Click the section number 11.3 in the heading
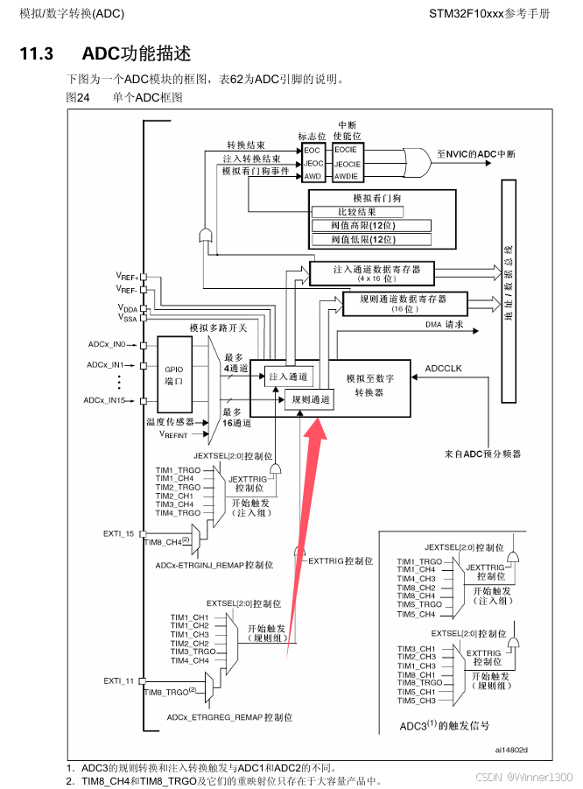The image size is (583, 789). pyautogui.click(x=37, y=53)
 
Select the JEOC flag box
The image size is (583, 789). pyautogui.click(x=313, y=163)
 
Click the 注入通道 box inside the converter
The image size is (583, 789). pyautogui.click(x=288, y=377)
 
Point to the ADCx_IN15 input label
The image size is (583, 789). pyautogui.click(x=105, y=400)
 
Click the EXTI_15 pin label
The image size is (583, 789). pyautogui.click(x=118, y=532)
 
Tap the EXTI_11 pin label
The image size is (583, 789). pyautogui.click(x=118, y=680)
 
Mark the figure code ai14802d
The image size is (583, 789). pyautogui.click(x=511, y=750)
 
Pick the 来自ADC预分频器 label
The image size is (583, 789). pyautogui.click(x=481, y=454)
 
